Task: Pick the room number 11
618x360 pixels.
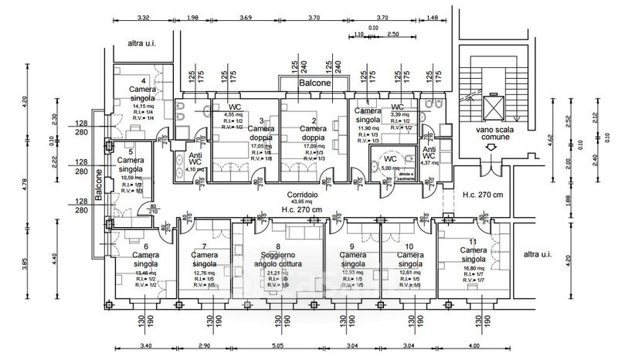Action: coord(473,243)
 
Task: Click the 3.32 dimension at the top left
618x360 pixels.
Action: coord(141,17)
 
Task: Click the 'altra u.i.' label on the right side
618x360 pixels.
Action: coord(538,254)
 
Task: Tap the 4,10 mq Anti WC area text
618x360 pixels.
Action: coord(194,169)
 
